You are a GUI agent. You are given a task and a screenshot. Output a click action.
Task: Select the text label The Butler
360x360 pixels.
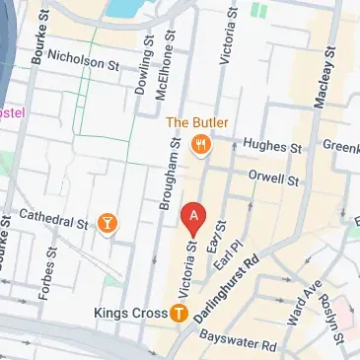[198, 122]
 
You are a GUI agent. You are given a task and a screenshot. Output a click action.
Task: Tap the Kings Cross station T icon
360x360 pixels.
[179, 314]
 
